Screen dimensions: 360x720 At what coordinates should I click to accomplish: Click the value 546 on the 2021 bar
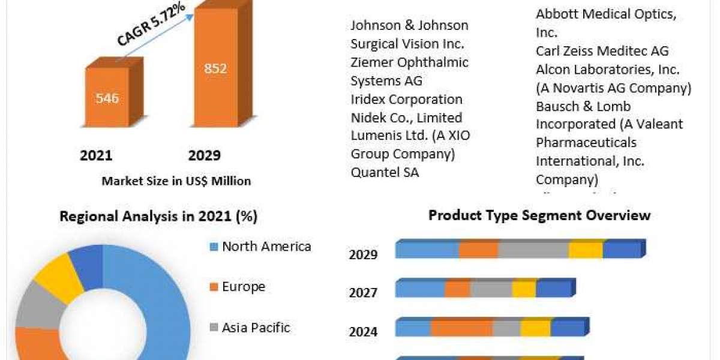coord(107,98)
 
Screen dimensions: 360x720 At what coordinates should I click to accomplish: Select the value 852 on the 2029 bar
coord(215,68)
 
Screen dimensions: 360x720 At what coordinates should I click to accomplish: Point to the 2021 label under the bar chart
coord(96,156)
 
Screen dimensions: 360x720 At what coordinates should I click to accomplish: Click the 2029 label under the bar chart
coord(204,156)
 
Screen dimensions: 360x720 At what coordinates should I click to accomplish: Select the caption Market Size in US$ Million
coord(176,181)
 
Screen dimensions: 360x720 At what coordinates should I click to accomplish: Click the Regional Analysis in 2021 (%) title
coord(158,217)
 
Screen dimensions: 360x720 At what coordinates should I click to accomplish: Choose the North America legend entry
coord(266,246)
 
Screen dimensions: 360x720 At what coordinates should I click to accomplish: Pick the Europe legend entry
coord(244,287)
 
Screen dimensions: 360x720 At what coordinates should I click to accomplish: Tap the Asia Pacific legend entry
coord(256,328)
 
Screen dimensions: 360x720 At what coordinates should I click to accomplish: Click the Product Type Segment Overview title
coord(539,215)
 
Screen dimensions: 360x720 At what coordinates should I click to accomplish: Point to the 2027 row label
coord(363,293)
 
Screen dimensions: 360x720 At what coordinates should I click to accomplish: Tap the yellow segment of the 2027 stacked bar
coord(524,289)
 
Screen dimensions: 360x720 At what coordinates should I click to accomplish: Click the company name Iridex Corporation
coord(406,99)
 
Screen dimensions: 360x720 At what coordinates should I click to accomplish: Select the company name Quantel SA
coord(385,173)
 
